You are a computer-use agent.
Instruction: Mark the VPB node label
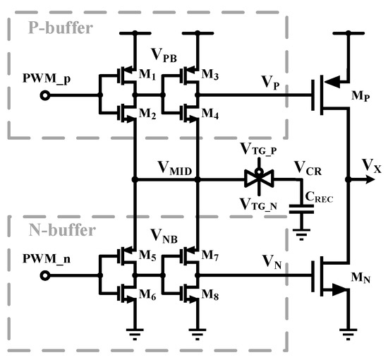164,56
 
